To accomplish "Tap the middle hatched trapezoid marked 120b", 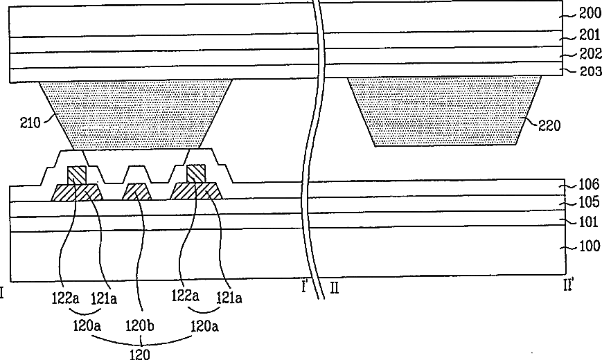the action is pyautogui.click(x=138, y=191).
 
